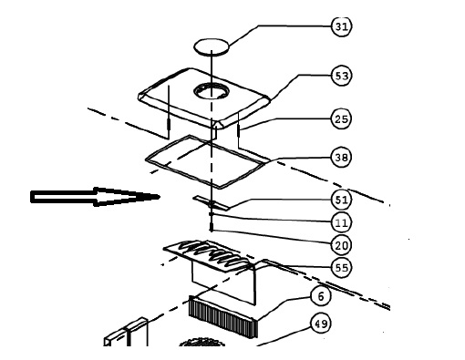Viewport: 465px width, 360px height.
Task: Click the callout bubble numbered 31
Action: point(341,26)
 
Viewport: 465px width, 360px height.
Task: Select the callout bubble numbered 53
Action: point(341,76)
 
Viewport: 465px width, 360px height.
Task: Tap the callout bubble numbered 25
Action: point(341,118)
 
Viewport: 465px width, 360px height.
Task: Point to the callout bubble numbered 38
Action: point(341,158)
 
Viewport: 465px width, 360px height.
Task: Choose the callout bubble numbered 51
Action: point(341,201)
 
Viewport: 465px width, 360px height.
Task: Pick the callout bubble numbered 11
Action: point(341,222)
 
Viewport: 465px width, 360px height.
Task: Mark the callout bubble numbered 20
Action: point(341,245)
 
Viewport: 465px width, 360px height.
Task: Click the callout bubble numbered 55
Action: point(341,268)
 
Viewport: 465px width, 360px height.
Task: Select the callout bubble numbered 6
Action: point(321,296)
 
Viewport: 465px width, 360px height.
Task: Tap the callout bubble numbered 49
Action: point(321,324)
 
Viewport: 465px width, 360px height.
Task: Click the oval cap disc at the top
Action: point(212,47)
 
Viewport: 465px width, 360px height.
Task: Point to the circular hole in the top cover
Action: point(211,90)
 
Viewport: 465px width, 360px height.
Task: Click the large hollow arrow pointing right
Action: point(95,197)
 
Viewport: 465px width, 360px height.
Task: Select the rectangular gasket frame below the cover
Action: point(146,159)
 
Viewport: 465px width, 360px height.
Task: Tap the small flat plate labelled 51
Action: point(211,203)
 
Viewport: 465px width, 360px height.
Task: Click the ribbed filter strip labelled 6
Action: point(222,316)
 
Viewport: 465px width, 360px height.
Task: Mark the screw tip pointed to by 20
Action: point(212,230)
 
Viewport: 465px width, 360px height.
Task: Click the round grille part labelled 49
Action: point(202,343)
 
